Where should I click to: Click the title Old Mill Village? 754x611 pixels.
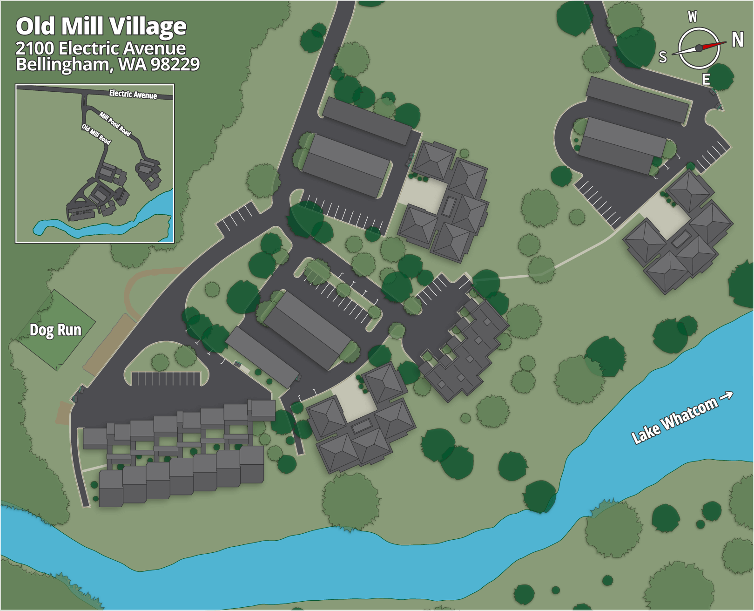pyautogui.click(x=101, y=27)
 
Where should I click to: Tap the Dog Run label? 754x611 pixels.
pyautogui.click(x=55, y=330)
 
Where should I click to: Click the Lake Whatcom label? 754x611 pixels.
pyautogui.click(x=673, y=421)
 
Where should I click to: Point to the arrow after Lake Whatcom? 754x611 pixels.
pyautogui.click(x=726, y=396)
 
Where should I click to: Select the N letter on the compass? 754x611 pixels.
pyautogui.click(x=737, y=40)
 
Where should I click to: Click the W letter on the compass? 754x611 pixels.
pyautogui.click(x=693, y=17)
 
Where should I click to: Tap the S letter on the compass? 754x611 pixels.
pyautogui.click(x=663, y=57)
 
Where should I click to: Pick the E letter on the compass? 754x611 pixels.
pyautogui.click(x=706, y=80)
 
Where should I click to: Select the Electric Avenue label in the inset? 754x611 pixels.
pyautogui.click(x=133, y=95)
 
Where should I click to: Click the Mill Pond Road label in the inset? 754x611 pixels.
pyautogui.click(x=115, y=123)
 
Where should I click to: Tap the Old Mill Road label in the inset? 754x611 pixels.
pyautogui.click(x=96, y=134)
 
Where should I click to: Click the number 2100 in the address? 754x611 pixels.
pyautogui.click(x=35, y=48)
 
